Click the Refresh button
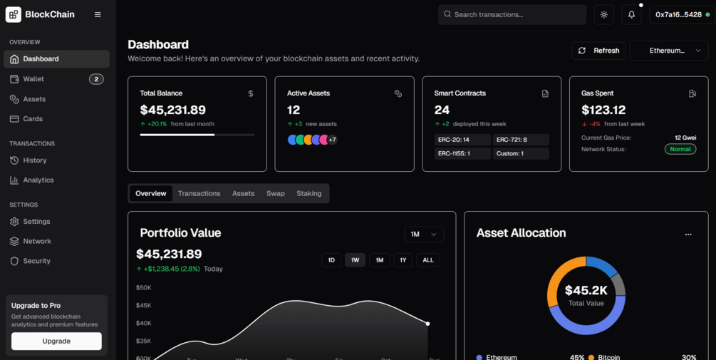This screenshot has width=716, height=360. point(598,51)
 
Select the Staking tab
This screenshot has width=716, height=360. point(308,193)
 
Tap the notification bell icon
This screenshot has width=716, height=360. point(631,14)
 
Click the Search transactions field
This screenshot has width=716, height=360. point(512,14)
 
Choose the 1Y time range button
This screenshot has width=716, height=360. point(403,260)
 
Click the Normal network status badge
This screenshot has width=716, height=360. point(680,149)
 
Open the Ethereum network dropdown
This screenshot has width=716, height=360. point(668,51)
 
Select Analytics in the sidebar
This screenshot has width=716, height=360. point(38,180)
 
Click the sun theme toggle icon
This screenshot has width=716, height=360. point(604,14)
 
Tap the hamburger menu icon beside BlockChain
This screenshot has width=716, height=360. point(98,14)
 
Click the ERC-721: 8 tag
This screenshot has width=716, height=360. point(521,140)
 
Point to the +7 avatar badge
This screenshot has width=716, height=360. point(332,140)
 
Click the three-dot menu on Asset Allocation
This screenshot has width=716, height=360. point(688,234)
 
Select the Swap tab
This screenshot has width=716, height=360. point(276,193)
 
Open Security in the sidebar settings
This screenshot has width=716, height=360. point(36,261)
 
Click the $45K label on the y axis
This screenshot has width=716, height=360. point(143,305)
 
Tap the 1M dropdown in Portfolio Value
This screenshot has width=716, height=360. point(424,234)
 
